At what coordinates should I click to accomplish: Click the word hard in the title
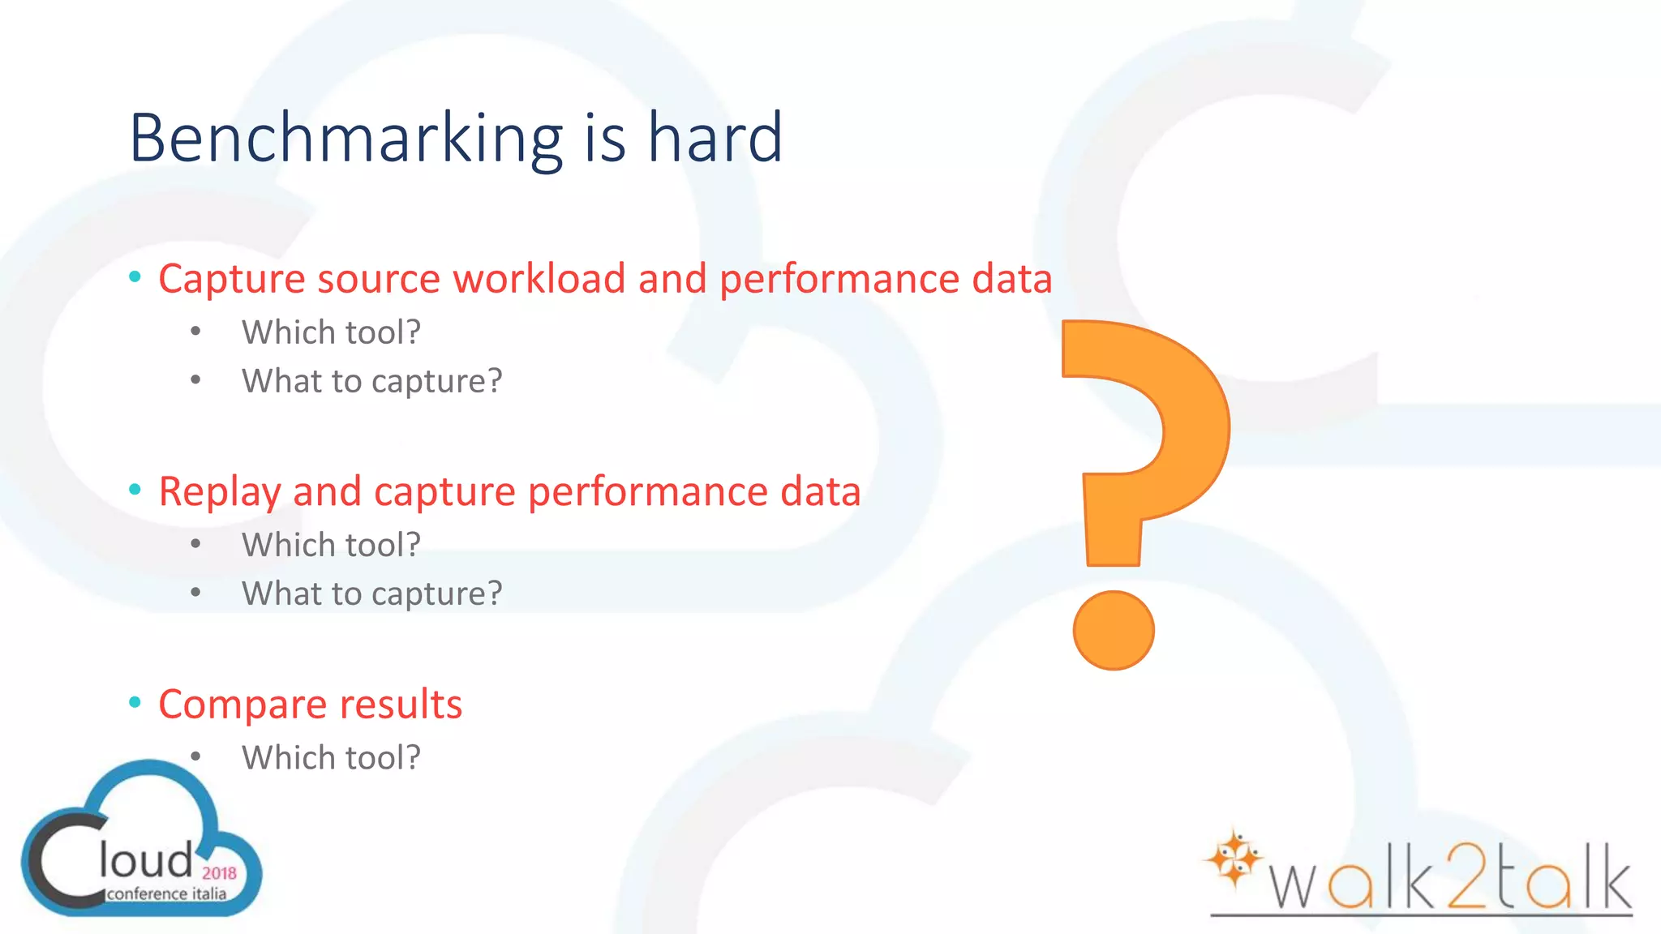tap(715, 138)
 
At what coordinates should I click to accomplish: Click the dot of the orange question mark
tap(1113, 630)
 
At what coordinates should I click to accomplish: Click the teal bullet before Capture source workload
tap(135, 277)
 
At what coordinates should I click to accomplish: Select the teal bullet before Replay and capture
tap(135, 490)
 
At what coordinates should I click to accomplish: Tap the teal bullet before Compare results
tap(135, 702)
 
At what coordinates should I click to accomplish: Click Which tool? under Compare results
tap(331, 758)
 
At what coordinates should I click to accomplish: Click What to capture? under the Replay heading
tap(371, 593)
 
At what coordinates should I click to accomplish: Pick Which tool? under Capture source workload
tap(331, 332)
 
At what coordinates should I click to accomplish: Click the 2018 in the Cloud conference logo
tap(219, 873)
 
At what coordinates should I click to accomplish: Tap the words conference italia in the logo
tap(166, 893)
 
